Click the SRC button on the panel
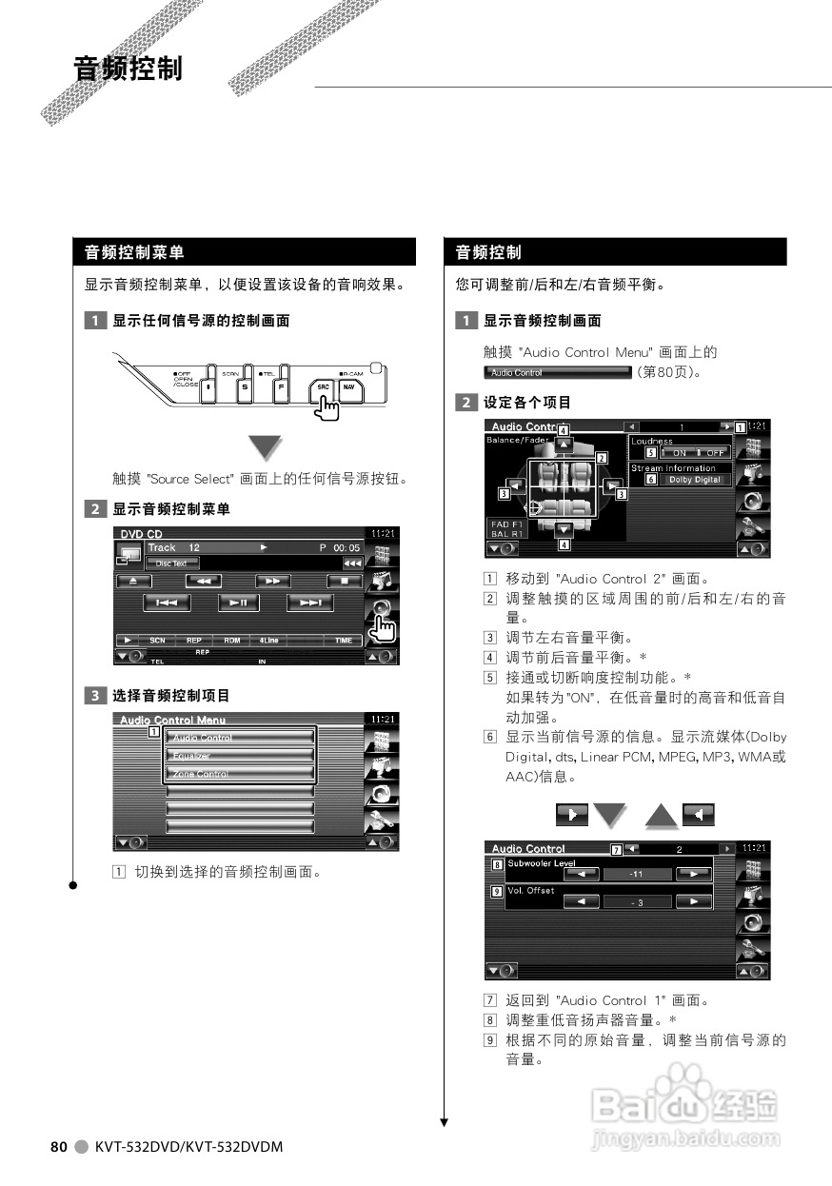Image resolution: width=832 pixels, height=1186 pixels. click(x=324, y=390)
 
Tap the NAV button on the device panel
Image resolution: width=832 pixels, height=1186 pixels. click(x=349, y=390)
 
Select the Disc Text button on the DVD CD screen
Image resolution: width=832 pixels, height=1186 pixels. click(x=172, y=563)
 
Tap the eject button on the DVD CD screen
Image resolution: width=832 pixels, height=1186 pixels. click(x=134, y=580)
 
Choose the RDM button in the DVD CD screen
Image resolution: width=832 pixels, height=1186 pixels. click(x=231, y=641)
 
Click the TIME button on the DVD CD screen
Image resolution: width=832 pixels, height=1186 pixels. click(x=343, y=641)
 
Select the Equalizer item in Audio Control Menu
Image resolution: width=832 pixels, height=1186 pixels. click(x=240, y=756)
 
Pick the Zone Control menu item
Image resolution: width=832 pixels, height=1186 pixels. click(x=240, y=774)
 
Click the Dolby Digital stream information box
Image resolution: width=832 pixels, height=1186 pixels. click(x=693, y=480)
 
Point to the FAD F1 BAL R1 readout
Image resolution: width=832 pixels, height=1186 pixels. click(x=506, y=529)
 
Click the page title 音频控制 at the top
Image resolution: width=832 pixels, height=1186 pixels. click(x=128, y=69)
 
